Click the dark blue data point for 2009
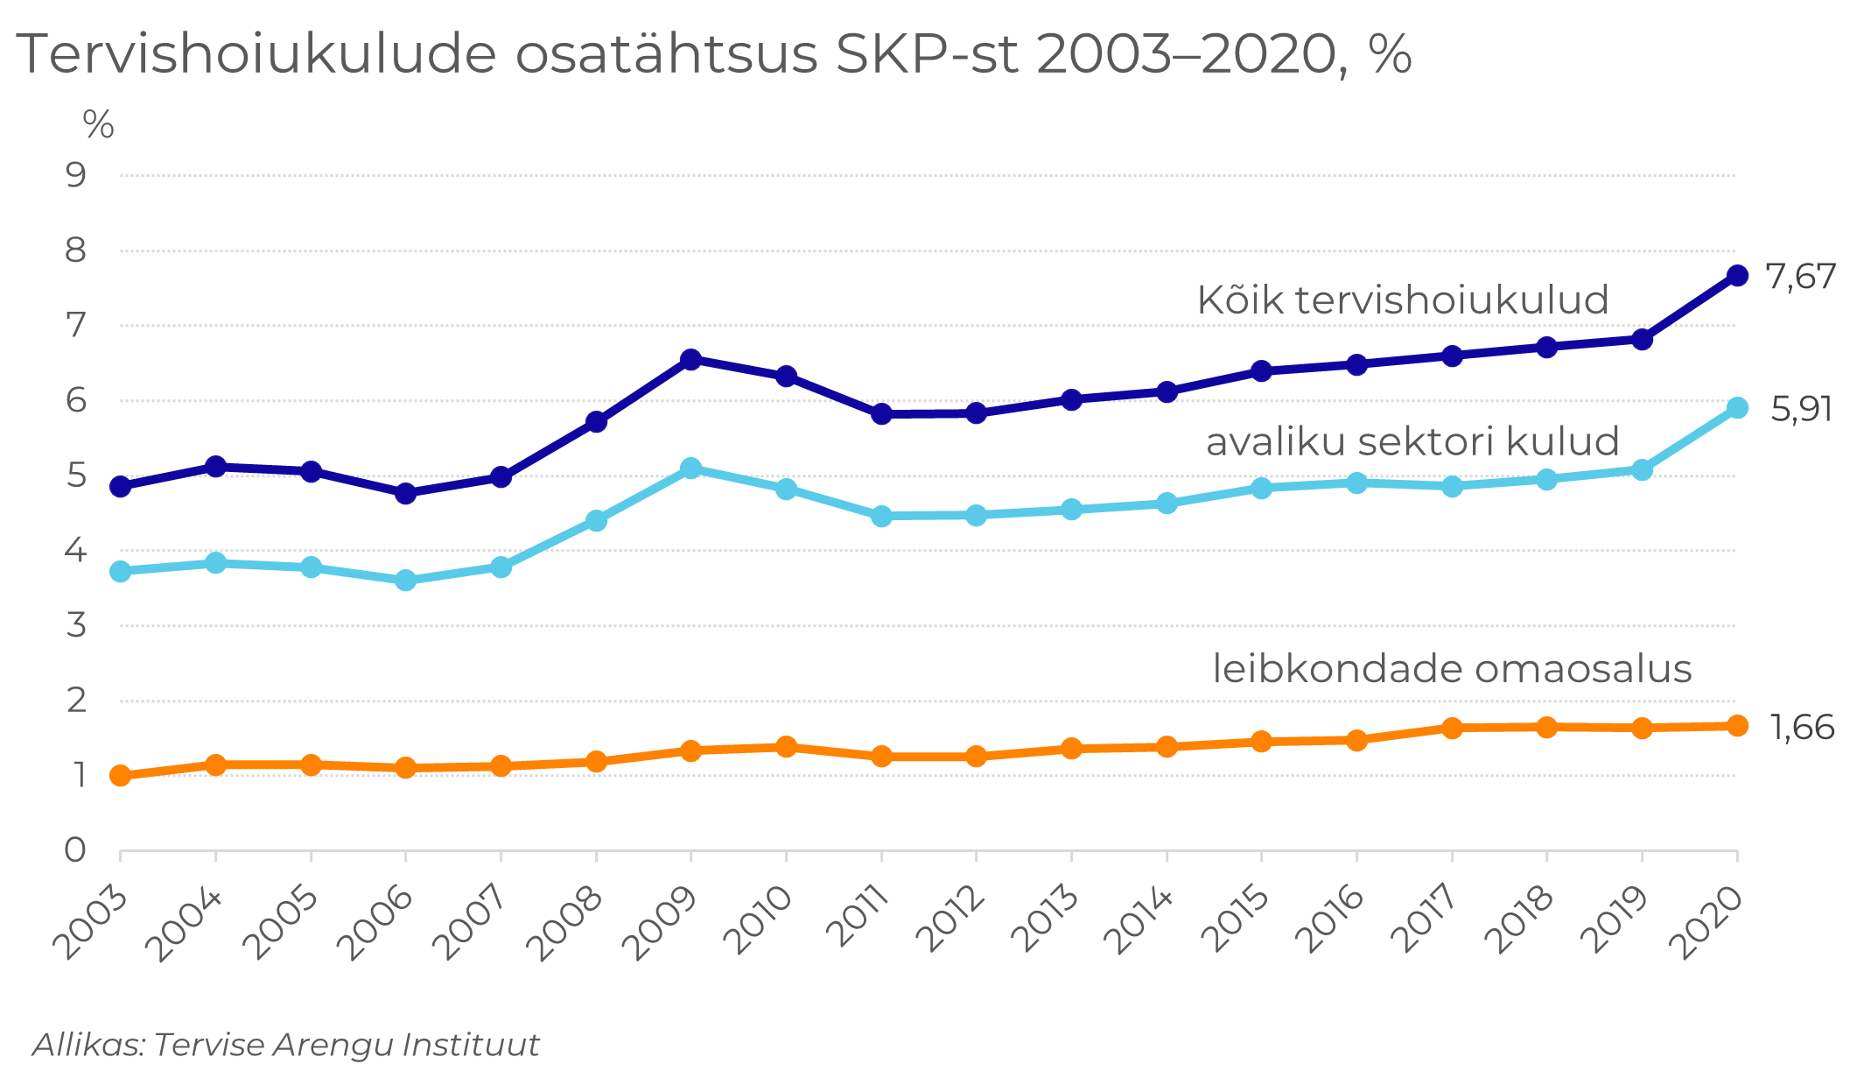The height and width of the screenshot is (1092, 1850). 690,359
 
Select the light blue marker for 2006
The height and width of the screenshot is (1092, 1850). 405,581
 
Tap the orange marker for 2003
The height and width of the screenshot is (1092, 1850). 121,776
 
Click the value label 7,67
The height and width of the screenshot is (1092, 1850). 1800,277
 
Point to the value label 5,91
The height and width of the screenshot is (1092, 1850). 1801,410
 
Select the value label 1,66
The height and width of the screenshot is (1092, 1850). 1802,728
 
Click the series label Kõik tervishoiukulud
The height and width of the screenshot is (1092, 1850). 1402,300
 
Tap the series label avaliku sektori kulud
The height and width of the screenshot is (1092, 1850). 1412,441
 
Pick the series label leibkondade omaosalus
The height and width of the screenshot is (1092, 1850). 1452,669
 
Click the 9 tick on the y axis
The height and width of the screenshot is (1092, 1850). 77,175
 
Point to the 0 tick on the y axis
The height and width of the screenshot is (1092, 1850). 76,849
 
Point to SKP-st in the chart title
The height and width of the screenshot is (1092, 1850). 927,54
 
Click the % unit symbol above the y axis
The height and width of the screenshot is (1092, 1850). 98,125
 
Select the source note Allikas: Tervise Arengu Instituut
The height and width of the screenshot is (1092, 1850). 286,1045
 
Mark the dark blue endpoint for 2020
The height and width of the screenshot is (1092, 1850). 1737,276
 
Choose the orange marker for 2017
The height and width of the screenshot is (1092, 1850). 1452,728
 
